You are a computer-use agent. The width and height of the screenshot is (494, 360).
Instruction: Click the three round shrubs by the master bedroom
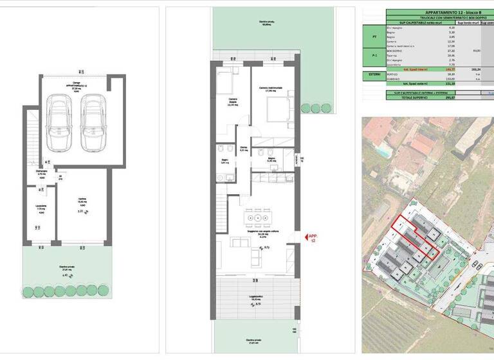315,105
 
